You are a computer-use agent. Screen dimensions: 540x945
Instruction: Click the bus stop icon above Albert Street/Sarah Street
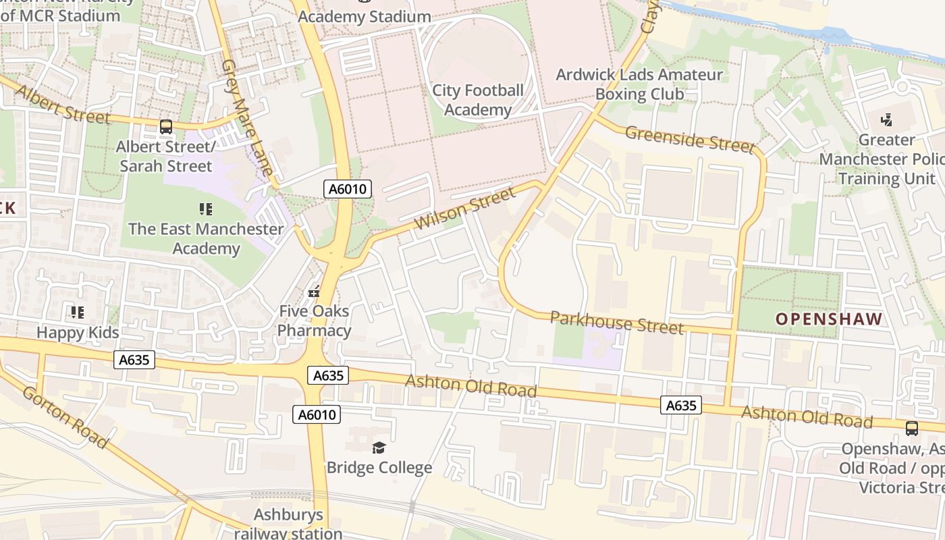(166, 126)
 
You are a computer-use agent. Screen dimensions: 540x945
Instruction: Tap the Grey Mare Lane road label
(247, 117)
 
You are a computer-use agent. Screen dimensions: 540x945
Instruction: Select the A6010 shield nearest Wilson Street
(348, 189)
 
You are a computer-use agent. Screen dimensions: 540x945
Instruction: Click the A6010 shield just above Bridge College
(317, 414)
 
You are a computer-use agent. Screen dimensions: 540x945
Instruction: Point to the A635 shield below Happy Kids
(134, 360)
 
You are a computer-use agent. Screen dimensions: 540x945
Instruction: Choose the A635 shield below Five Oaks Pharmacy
(328, 375)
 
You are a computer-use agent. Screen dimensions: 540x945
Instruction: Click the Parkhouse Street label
(616, 322)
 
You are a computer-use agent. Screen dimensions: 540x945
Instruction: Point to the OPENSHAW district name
(828, 319)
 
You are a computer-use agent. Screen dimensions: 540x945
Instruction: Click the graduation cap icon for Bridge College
(379, 448)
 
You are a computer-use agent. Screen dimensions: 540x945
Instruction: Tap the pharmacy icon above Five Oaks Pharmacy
(313, 292)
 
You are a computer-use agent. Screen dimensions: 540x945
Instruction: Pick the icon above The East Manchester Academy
(206, 209)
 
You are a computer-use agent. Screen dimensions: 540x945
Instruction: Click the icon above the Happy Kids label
(78, 313)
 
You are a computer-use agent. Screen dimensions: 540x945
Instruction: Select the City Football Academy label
(478, 100)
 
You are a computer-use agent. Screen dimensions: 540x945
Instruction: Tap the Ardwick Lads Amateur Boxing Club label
(639, 84)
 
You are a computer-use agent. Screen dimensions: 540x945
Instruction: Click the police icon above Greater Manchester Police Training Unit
(886, 120)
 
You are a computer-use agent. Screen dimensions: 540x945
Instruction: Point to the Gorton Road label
(65, 416)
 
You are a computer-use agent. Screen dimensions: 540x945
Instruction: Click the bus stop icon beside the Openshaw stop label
(911, 428)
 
